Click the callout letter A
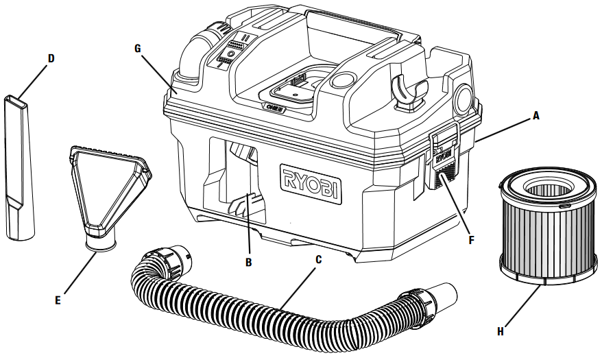536,117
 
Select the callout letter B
249,262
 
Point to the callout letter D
50,58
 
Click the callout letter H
500,331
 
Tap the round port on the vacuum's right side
463,97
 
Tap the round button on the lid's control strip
231,53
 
